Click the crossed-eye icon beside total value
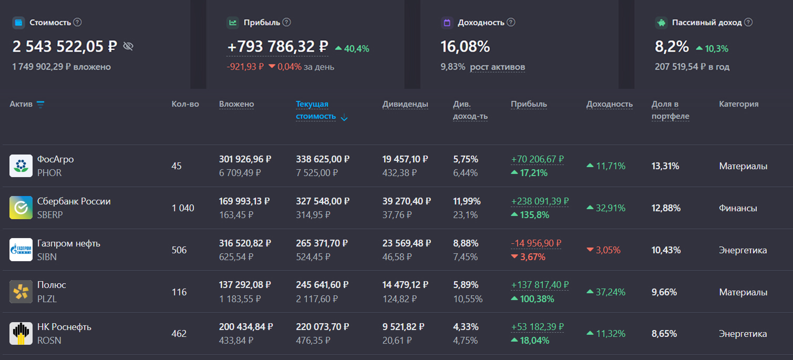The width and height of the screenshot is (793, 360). (128, 46)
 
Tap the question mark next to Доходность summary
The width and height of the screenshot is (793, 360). (511, 23)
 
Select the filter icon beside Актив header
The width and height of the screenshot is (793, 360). (40, 104)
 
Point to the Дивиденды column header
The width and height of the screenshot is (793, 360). (405, 104)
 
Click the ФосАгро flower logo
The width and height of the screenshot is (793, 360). (21, 166)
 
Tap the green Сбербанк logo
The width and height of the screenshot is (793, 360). (21, 208)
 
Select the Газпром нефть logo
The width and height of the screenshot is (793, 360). (21, 250)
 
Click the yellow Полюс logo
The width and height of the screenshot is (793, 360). (21, 292)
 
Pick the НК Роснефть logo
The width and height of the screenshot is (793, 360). (21, 334)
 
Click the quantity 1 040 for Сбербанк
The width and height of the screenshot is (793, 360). (183, 208)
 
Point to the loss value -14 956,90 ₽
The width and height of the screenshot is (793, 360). (536, 243)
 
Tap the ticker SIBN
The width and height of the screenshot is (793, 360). (47, 257)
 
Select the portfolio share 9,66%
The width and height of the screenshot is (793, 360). (664, 292)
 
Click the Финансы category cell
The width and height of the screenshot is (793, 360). (738, 208)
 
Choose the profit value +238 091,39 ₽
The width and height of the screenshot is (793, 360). (540, 201)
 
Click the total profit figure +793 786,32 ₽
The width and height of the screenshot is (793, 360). (277, 47)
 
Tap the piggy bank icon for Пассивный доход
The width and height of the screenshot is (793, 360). (661, 23)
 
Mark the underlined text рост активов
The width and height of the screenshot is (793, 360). (497, 67)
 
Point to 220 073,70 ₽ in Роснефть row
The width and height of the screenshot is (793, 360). (323, 327)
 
